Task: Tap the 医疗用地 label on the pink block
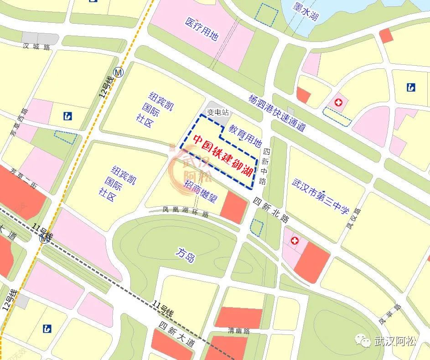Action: [202, 29]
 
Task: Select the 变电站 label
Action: [218, 112]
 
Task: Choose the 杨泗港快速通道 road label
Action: [277, 113]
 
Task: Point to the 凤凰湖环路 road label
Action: [186, 212]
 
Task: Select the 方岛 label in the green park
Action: [186, 255]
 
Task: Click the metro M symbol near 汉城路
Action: [119, 72]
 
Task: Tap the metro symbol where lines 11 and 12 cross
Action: [45, 238]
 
